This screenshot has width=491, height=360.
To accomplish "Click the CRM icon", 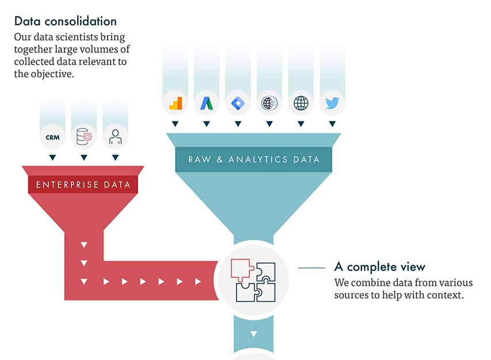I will coord(52,137).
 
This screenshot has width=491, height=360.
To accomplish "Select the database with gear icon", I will coord(84,137).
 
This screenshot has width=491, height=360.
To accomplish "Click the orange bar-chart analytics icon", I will coord(176,103).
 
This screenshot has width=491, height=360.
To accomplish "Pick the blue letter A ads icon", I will coord(207,103).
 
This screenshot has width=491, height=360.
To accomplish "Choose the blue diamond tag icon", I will coord(238,103).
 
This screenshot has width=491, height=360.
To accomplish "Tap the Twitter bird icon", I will coord(332,103).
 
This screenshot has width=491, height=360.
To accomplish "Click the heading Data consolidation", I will coord(65,21).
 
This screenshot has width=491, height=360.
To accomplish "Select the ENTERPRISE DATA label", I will coord(83,185).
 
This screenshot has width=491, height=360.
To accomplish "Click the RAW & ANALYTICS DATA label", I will coord(254,159).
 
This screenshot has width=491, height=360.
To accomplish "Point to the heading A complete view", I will coord(380,267).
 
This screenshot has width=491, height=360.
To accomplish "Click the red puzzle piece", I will coord(242,269).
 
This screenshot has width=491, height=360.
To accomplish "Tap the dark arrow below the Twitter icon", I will coord(332,124).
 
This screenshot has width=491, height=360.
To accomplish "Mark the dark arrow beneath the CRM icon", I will coord(52,157).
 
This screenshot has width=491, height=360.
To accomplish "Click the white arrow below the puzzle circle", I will coord(253,334).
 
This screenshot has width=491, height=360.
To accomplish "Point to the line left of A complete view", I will coord(311,268).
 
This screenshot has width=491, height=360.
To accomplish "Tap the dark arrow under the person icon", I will coord(116,157).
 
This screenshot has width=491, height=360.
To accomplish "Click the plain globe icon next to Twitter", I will coord(301,103).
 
